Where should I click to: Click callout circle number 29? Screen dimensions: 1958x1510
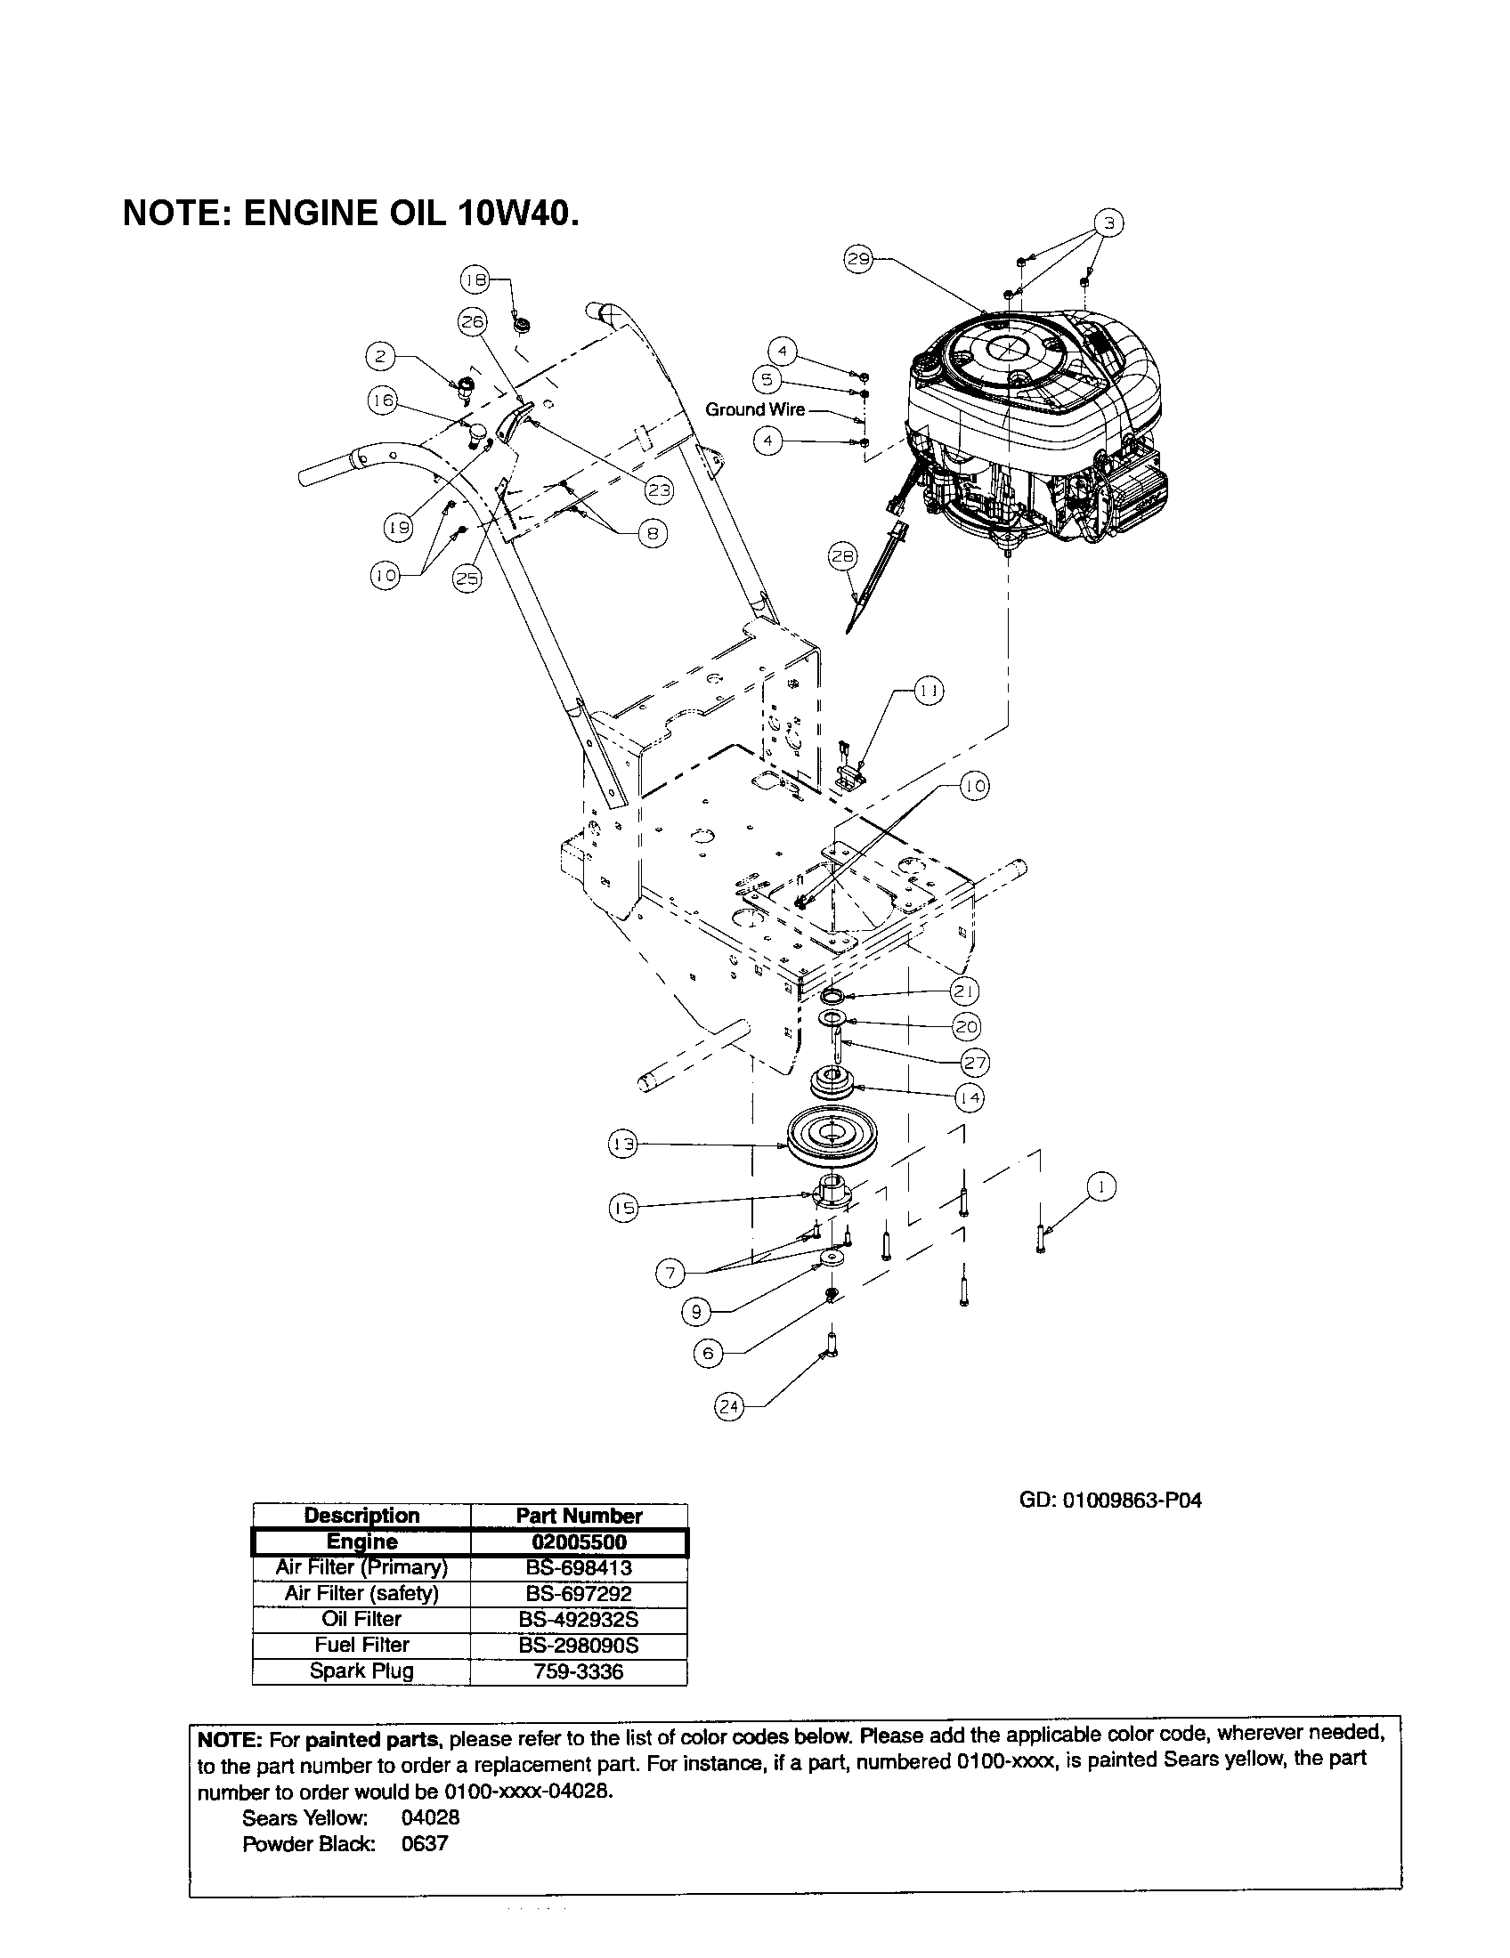[x=857, y=259]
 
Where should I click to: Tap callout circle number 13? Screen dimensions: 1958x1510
[x=622, y=1144]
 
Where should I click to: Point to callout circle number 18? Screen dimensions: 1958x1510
[x=475, y=279]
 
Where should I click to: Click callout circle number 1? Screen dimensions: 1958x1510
[x=1101, y=1187]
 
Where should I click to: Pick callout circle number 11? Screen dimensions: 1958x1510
[x=929, y=691]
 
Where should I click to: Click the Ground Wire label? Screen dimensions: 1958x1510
[x=754, y=409]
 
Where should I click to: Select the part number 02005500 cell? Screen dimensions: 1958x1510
[x=579, y=1542]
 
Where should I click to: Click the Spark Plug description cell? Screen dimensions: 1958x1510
[x=361, y=1671]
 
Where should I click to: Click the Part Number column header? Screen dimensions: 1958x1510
[x=579, y=1516]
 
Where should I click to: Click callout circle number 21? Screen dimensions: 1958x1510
[x=964, y=991]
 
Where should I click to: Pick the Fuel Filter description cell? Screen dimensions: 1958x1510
[x=361, y=1645]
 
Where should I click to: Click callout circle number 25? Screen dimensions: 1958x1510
[x=467, y=578]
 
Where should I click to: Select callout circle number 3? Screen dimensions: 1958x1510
[x=1108, y=222]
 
